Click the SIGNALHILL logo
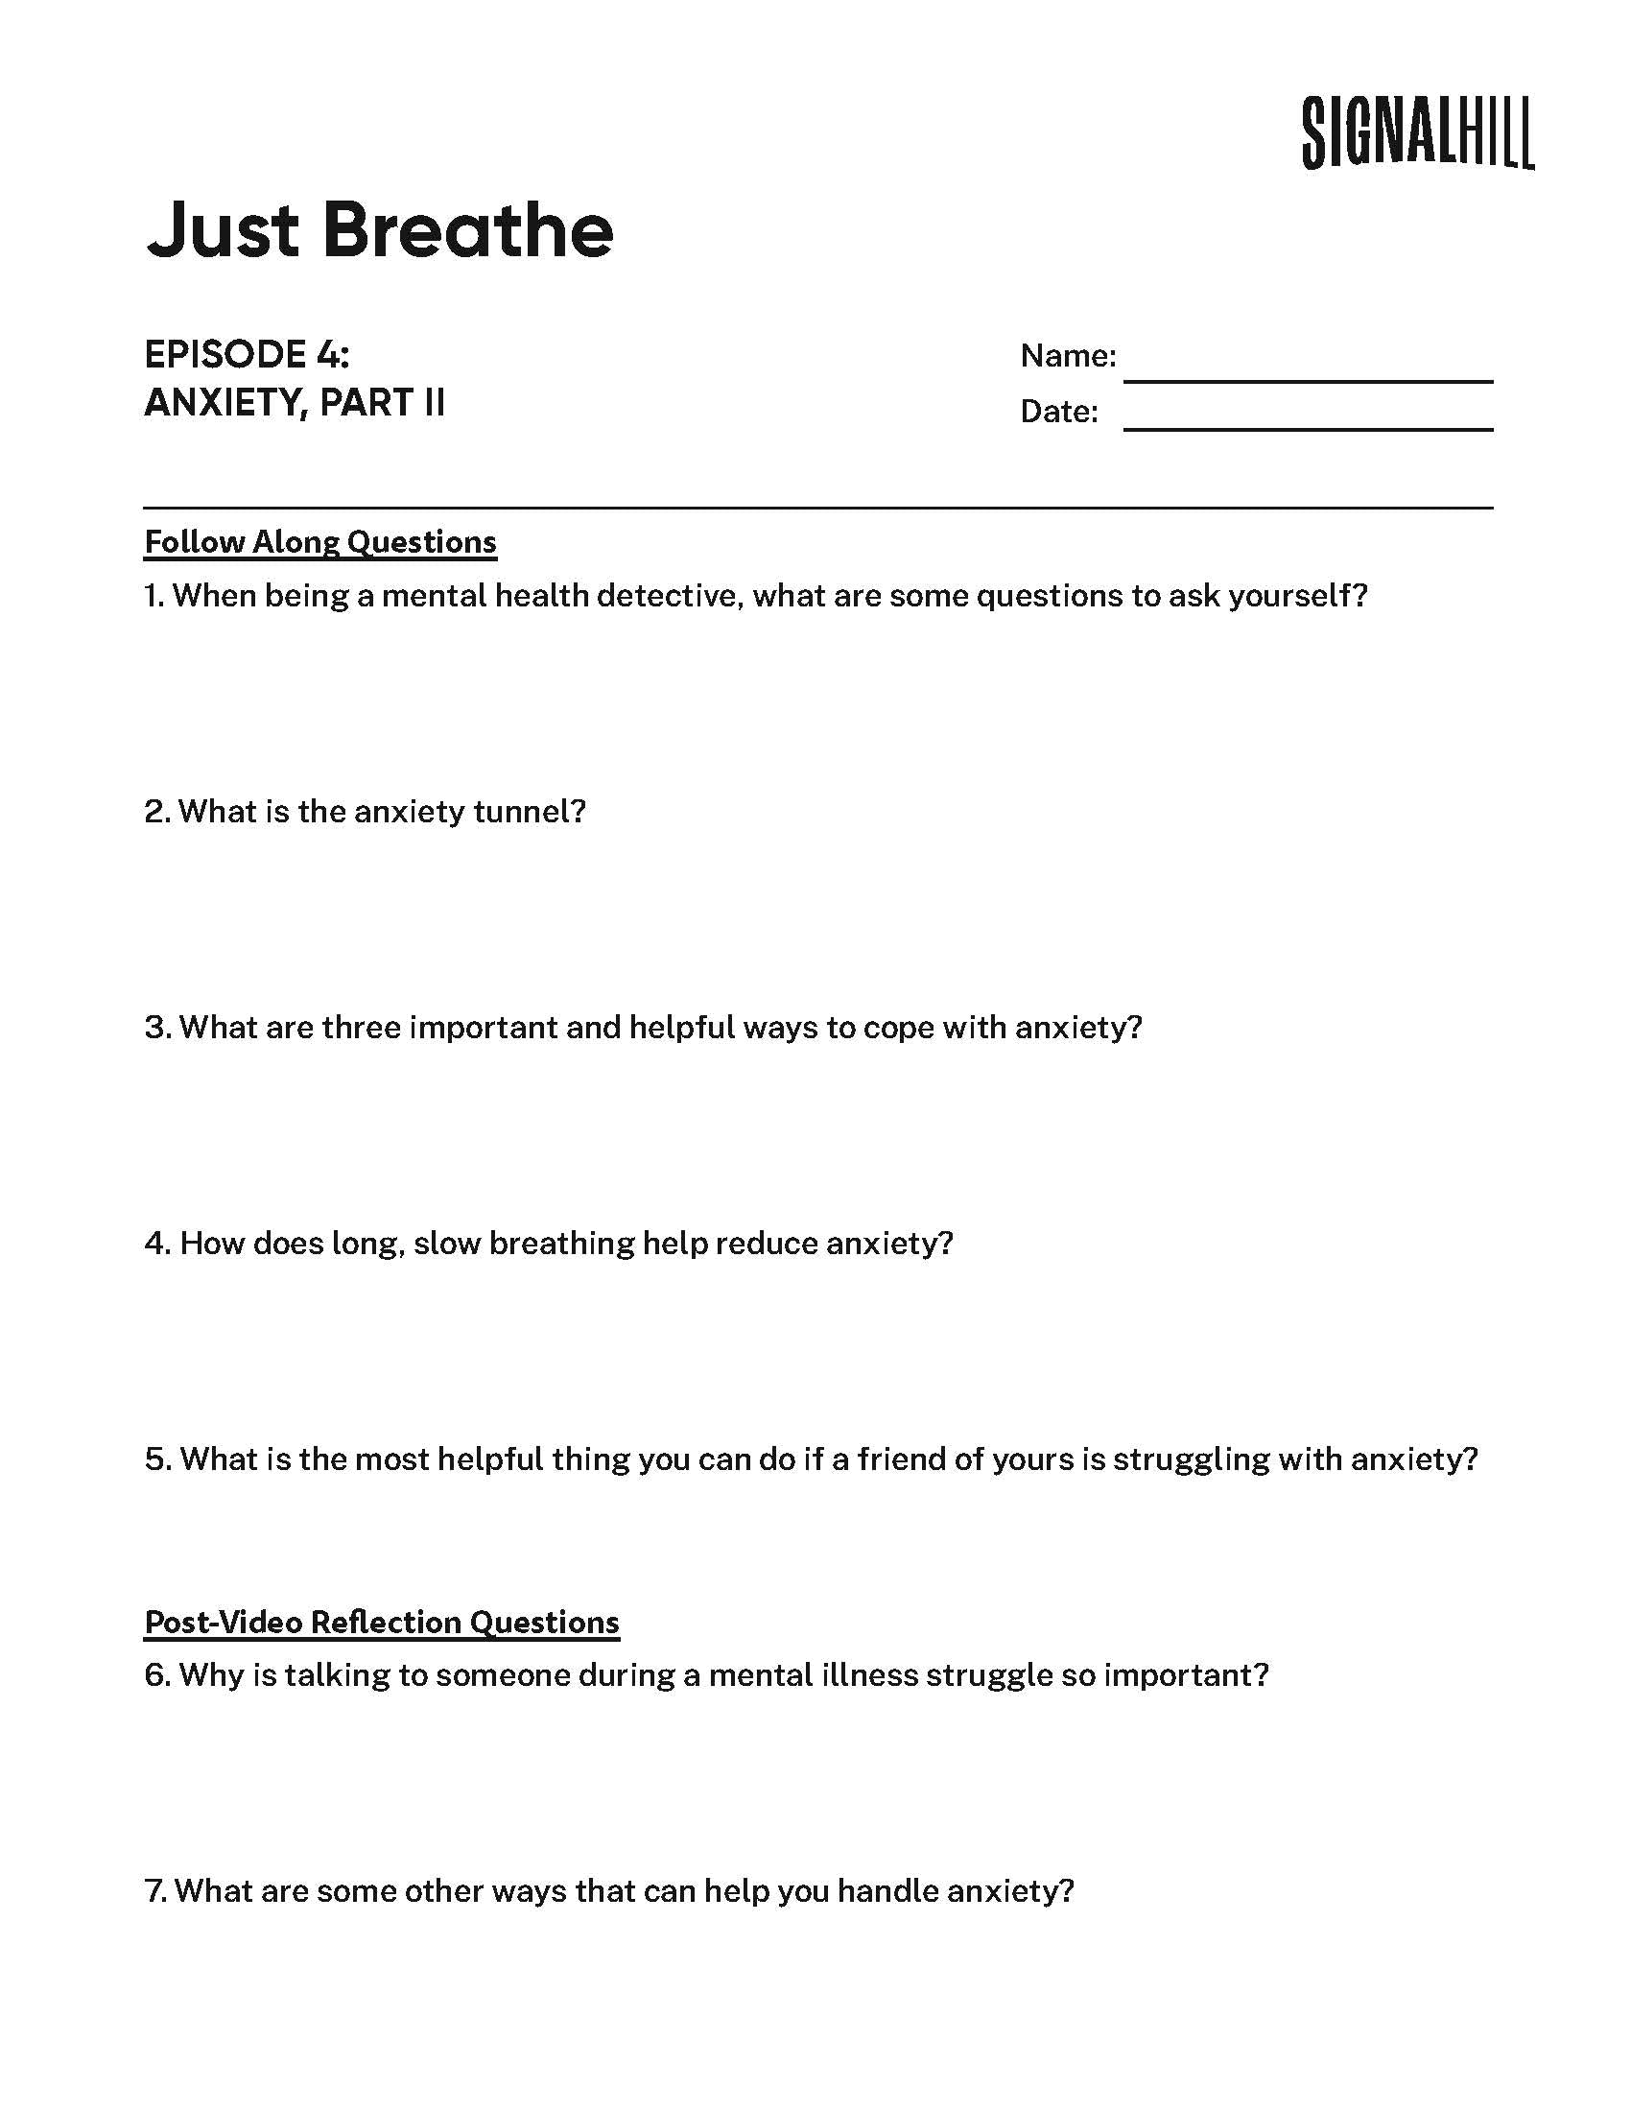1416,133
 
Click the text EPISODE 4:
247,355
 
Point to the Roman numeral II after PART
434,403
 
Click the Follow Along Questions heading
319,542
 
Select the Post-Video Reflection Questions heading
382,1621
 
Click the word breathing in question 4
560,1243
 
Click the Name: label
1068,356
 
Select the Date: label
1059,412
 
